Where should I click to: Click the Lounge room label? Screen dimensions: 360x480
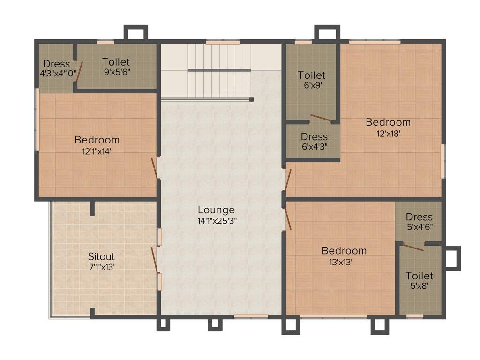coord(216,210)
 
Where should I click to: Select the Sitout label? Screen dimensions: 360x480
coord(101,257)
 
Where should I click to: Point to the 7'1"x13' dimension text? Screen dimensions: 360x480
coord(101,267)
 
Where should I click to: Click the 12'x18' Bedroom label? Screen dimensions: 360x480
coord(388,122)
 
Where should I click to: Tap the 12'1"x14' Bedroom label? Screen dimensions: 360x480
coord(97,140)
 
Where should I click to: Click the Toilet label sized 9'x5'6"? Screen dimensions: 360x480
coord(116,62)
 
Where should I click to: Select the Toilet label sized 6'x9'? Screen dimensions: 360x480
coord(312,75)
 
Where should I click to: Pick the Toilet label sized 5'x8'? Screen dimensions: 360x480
coord(420,276)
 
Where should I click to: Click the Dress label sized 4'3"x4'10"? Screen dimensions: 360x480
coord(56,64)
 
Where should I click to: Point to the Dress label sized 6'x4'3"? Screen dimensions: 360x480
coord(314,137)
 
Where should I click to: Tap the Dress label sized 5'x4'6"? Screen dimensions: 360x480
coord(419,217)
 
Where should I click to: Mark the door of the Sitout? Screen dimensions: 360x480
coord(154,260)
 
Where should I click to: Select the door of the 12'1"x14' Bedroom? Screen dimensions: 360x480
coord(154,169)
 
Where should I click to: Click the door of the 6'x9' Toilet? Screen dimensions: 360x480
coord(321,118)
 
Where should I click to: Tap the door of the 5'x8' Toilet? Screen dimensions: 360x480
coord(413,247)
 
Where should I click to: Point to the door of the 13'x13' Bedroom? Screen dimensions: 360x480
coord(287,218)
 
